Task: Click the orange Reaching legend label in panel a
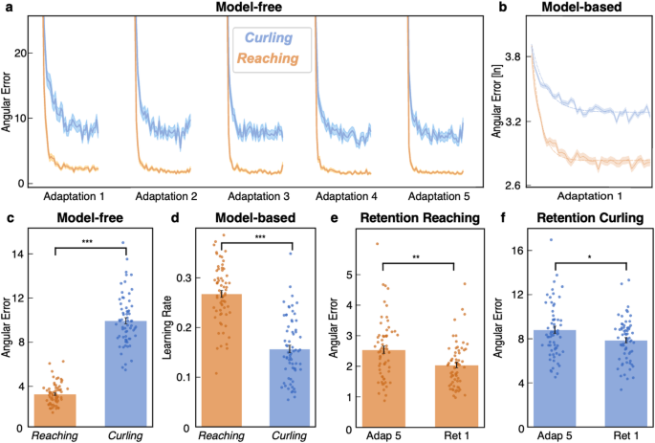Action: [273, 59]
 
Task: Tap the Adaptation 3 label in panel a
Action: [259, 195]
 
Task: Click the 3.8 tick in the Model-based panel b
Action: [514, 57]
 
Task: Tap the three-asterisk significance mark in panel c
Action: [89, 242]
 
